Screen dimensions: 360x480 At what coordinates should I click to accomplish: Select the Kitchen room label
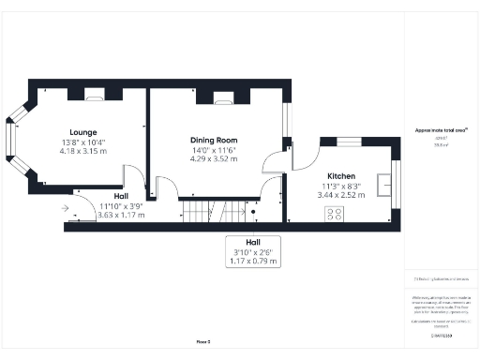coord(340,176)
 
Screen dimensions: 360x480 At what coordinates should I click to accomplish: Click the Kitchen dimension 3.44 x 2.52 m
coord(340,195)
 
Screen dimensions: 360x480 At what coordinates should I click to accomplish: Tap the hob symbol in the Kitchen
coord(334,215)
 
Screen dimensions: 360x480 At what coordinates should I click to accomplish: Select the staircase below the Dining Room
coord(207,212)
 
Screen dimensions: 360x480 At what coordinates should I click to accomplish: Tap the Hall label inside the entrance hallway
coord(122,196)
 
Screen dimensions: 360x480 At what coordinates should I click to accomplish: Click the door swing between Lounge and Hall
coord(133,176)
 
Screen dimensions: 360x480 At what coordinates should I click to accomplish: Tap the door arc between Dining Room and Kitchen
coord(277,158)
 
